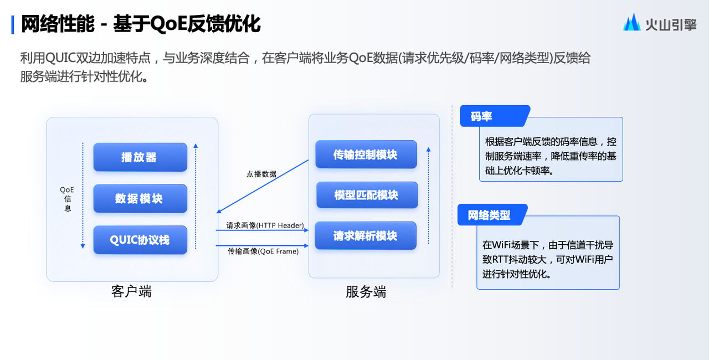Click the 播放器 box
(140, 157)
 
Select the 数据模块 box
(140, 198)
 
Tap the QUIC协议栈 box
(140, 240)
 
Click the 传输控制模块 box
(366, 155)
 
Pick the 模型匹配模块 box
(367, 195)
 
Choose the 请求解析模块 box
(366, 236)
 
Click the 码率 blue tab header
(495, 116)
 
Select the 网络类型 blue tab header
(492, 215)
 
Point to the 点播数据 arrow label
(261, 174)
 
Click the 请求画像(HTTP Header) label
(265, 225)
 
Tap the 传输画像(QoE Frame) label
(263, 251)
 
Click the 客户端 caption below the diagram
(131, 291)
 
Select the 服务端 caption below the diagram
(366, 292)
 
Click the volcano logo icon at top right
(632, 22)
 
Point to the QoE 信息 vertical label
(67, 199)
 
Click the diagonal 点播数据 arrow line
(263, 186)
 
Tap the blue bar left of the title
(13, 25)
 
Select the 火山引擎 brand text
(671, 25)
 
